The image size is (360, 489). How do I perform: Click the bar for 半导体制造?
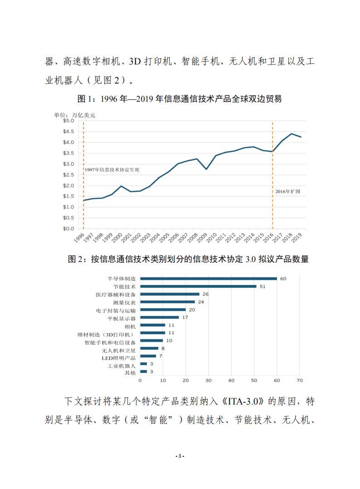pos(208,278)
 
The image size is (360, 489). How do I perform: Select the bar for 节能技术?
pos(198,286)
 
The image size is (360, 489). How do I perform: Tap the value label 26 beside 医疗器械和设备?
pos(205,294)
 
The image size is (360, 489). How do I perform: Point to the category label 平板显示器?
pos(123,318)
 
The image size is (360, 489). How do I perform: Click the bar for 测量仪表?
pos(168,302)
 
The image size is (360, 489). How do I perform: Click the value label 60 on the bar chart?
pos(283,278)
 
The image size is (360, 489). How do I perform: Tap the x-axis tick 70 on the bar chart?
pos(300,380)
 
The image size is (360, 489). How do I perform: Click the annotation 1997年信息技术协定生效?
pos(112,169)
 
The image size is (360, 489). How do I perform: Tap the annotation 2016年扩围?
pos(288,192)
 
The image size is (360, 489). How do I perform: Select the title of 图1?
pos(180,99)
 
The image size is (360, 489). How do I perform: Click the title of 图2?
pos(188,259)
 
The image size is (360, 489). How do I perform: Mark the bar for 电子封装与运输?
pos(163,310)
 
